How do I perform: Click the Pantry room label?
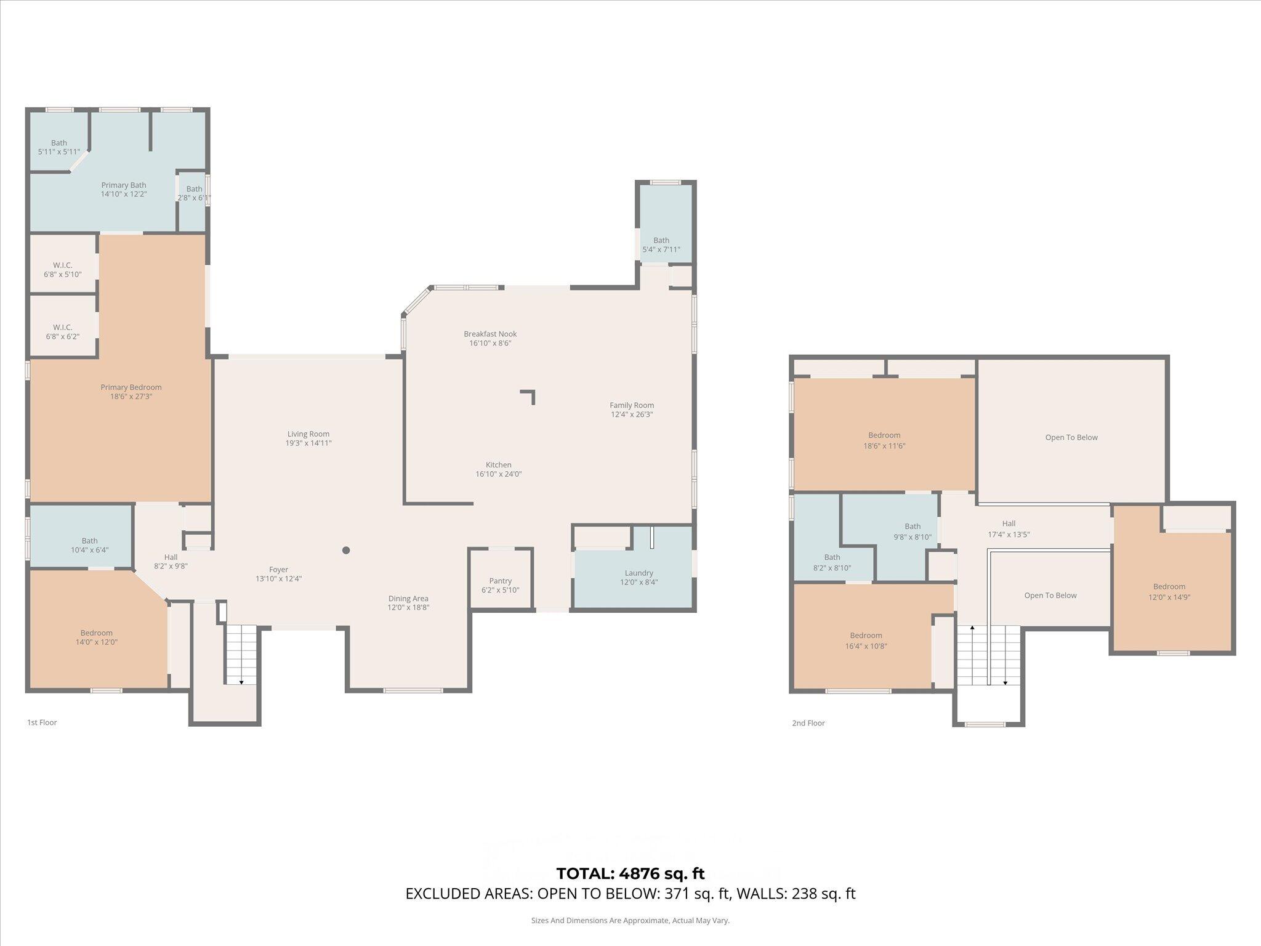point(501,581)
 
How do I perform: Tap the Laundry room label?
point(639,573)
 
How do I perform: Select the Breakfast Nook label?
point(490,334)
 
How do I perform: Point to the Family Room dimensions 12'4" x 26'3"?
point(632,414)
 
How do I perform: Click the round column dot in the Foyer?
point(346,550)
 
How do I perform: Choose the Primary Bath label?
point(124,185)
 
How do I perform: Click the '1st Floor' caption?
point(42,722)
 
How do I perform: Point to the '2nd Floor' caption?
point(808,723)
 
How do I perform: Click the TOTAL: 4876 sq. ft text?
point(630,873)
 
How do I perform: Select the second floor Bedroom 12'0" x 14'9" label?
point(1169,592)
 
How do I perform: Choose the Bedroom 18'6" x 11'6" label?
point(884,440)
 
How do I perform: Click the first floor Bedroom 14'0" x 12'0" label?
point(97,637)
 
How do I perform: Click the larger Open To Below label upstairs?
point(1071,437)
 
